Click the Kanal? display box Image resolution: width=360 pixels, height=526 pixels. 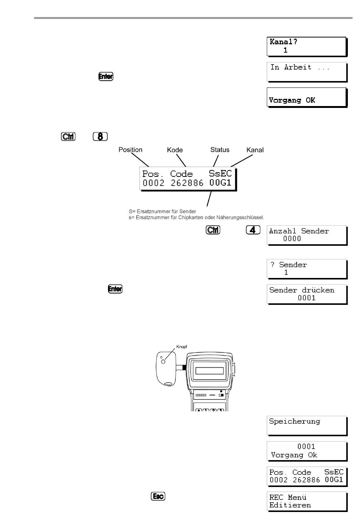pyautogui.click(x=307, y=47)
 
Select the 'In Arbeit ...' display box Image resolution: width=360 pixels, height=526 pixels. pyautogui.click(x=307, y=72)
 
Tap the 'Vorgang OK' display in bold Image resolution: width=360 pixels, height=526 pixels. pyautogui.click(x=307, y=97)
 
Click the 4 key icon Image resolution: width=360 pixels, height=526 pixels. pyautogui.click(x=253, y=229)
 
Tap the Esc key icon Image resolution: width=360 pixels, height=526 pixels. pyautogui.click(x=158, y=496)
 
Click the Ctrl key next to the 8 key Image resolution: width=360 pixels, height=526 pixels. pyautogui.click(x=68, y=136)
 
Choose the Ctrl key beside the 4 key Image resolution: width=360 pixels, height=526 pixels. pyautogui.click(x=213, y=230)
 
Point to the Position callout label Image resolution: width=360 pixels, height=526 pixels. pyautogui.click(x=130, y=150)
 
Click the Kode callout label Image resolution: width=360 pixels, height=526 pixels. pyautogui.click(x=175, y=150)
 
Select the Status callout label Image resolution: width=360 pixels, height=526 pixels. pyautogui.click(x=220, y=150)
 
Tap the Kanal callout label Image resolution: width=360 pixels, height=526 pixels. pyautogui.click(x=255, y=150)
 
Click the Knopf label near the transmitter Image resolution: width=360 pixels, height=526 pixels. pyautogui.click(x=182, y=347)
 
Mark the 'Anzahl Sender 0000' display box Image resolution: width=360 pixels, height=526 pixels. pyautogui.click(x=307, y=236)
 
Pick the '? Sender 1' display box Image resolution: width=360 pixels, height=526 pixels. pyautogui.click(x=307, y=269)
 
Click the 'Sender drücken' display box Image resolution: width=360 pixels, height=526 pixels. pyautogui.click(x=307, y=295)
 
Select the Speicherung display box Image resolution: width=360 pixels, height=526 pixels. pyautogui.click(x=307, y=426)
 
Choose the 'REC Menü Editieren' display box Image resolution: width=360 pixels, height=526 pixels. pyautogui.click(x=307, y=502)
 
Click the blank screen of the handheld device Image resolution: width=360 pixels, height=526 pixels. pyautogui.click(x=210, y=371)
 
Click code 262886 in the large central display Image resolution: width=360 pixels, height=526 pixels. pyautogui.click(x=187, y=183)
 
